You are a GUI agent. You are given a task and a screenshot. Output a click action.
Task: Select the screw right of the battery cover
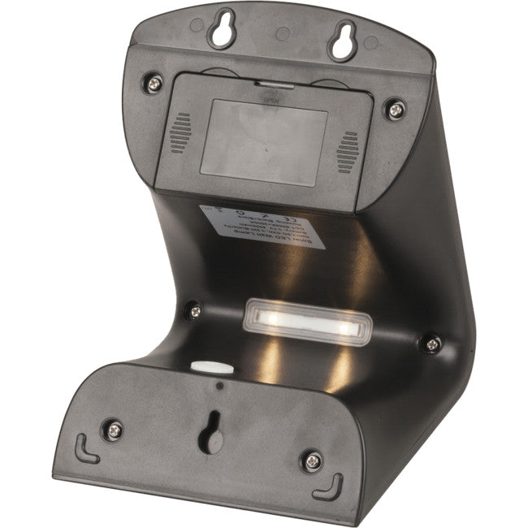click(x=396, y=107)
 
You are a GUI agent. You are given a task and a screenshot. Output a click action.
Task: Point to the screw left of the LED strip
click(x=193, y=309)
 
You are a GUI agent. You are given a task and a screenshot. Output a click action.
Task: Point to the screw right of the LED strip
click(x=432, y=343)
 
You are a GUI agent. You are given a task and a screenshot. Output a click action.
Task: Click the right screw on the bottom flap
click(x=311, y=461)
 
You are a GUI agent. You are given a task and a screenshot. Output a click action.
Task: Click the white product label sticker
click(x=263, y=227)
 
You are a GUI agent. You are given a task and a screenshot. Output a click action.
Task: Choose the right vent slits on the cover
click(x=348, y=152)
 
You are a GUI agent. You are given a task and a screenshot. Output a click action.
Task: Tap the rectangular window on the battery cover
click(x=263, y=141)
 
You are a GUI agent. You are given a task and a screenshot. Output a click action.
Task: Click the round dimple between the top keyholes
click(x=282, y=34)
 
